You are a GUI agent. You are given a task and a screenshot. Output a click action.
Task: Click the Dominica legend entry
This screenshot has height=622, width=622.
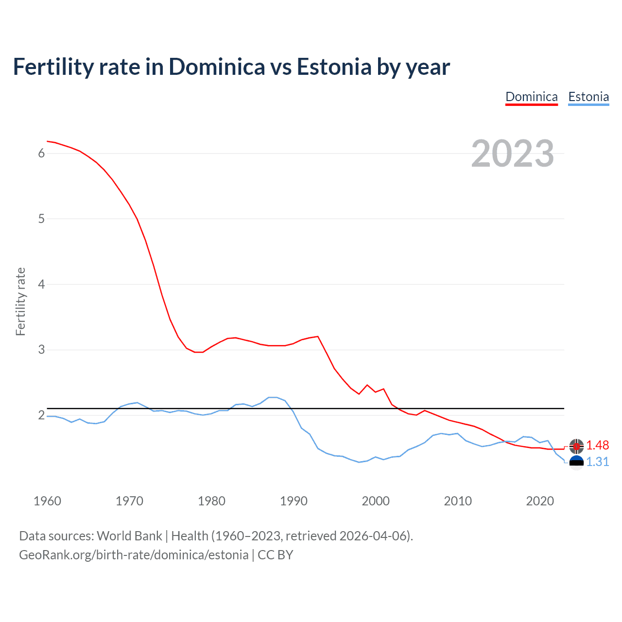click(x=531, y=97)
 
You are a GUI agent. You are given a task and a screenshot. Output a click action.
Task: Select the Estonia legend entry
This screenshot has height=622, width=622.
click(x=588, y=97)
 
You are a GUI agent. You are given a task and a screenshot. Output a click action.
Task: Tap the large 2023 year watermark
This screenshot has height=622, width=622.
click(x=513, y=154)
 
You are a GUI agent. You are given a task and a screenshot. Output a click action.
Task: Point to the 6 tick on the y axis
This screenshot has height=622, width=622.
click(x=41, y=154)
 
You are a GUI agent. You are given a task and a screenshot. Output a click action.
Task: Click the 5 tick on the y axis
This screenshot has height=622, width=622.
click(x=41, y=219)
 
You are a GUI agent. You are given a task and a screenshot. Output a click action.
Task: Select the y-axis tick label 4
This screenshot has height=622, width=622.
click(x=41, y=284)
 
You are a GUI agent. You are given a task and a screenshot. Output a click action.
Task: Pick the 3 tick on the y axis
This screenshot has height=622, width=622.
click(x=41, y=350)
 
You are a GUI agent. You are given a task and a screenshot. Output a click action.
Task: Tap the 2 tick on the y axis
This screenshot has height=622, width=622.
click(x=41, y=415)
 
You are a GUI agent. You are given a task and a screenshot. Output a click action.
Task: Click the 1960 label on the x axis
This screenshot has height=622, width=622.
click(x=47, y=501)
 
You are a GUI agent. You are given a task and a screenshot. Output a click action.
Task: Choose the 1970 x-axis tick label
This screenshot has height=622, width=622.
click(x=129, y=501)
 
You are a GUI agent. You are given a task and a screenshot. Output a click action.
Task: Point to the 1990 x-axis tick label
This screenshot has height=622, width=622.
click(x=294, y=501)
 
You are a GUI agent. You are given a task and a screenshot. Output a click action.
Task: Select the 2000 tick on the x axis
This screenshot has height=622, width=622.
click(x=376, y=501)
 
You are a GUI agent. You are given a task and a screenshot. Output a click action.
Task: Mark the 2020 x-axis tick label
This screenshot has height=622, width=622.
click(x=540, y=501)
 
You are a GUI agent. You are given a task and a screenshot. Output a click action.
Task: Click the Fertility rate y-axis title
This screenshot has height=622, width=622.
click(x=20, y=301)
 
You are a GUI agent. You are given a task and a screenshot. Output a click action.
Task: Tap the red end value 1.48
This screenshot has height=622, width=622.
click(x=597, y=446)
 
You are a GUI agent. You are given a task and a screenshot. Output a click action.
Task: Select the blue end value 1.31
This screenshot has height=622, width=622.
click(x=597, y=462)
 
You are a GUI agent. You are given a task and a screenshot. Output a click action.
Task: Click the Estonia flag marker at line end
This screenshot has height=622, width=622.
click(x=576, y=462)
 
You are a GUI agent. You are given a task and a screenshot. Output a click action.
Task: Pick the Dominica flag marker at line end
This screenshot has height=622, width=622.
click(x=576, y=446)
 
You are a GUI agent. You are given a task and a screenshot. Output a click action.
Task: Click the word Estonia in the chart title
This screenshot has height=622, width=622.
click(x=334, y=67)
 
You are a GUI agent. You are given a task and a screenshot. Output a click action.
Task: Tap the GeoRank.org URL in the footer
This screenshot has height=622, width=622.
click(x=134, y=555)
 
